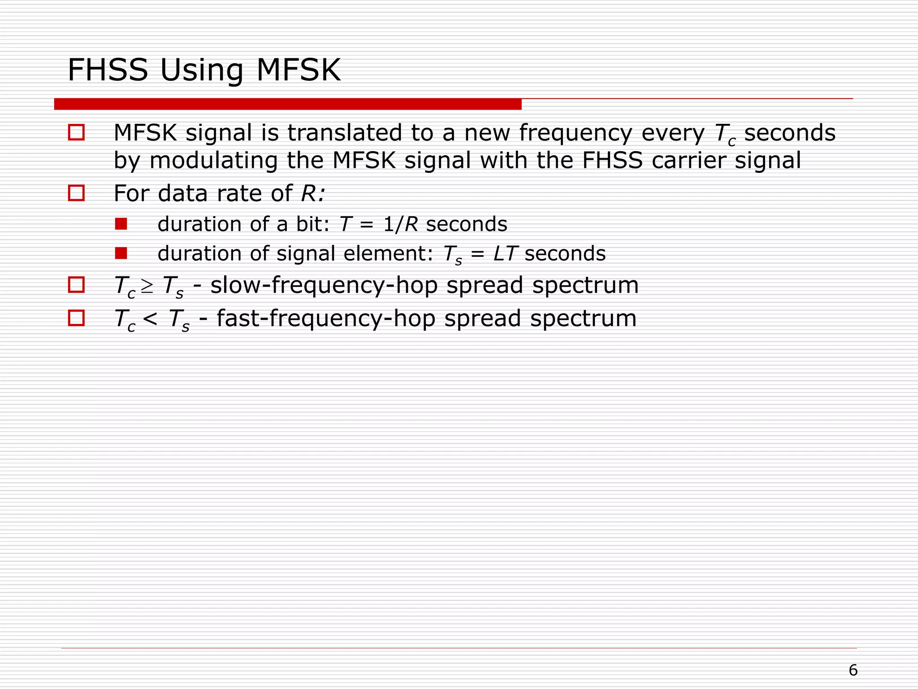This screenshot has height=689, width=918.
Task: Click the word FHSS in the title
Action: [108, 70]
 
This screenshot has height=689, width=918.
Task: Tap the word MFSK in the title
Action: [298, 70]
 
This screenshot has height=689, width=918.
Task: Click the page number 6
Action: [853, 670]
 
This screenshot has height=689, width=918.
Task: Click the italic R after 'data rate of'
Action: [309, 194]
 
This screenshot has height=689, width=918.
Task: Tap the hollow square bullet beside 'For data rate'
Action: [76, 193]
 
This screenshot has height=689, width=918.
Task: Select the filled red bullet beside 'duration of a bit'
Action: [121, 224]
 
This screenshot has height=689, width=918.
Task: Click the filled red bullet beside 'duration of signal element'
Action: [121, 253]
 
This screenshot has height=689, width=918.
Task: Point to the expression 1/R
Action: [400, 224]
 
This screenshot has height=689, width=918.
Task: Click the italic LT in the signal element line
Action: [505, 254]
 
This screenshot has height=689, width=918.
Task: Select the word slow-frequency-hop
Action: [324, 286]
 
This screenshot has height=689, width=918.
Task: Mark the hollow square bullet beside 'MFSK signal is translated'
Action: [76, 132]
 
